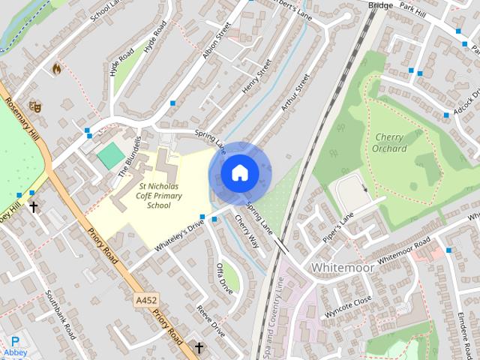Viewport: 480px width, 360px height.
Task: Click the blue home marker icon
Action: pos(239,173)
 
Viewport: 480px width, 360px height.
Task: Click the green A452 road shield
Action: pos(147,300)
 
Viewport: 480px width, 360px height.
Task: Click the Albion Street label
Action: pos(217,40)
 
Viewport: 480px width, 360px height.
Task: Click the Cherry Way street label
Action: pos(247,232)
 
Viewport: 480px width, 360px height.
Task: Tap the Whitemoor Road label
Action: pos(404,249)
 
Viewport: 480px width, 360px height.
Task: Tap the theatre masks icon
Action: pos(34,106)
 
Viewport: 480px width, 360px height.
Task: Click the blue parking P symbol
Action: pos(15,341)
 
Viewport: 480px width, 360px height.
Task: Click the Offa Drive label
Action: pos(224,277)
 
